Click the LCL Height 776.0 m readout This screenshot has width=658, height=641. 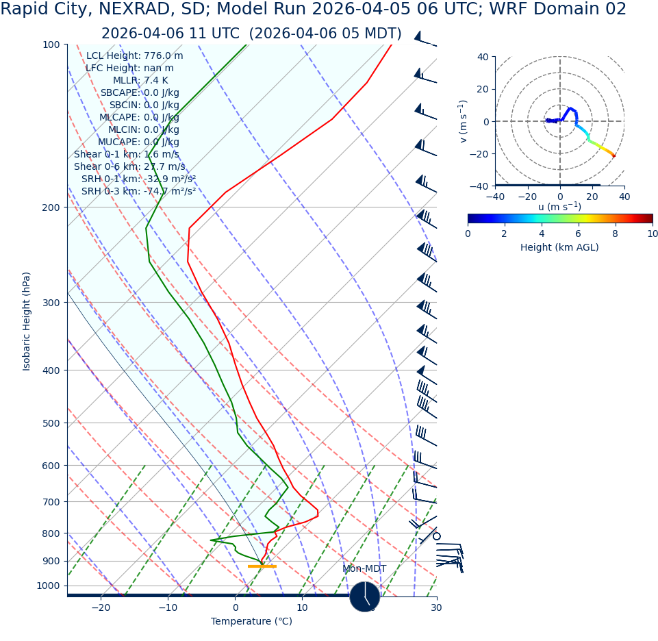click(x=135, y=56)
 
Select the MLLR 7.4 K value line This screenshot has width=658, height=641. click(x=140, y=81)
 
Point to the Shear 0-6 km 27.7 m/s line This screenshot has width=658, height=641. click(x=129, y=167)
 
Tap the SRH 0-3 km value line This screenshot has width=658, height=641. click(x=138, y=192)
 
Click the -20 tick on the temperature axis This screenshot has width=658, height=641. click(x=101, y=608)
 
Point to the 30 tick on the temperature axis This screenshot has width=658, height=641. click(x=436, y=608)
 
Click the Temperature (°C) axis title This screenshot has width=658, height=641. click(x=251, y=622)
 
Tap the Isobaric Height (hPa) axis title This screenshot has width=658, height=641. click(x=27, y=321)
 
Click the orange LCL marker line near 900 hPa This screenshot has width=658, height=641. click(x=262, y=566)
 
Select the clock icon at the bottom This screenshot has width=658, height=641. click(x=365, y=597)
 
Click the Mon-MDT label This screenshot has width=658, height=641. click(x=364, y=569)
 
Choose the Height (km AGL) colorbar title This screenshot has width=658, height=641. click(x=559, y=248)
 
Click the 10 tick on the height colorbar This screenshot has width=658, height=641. click(x=653, y=234)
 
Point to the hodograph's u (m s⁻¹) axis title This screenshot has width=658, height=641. click(x=559, y=207)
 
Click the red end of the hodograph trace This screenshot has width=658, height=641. click(x=613, y=156)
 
